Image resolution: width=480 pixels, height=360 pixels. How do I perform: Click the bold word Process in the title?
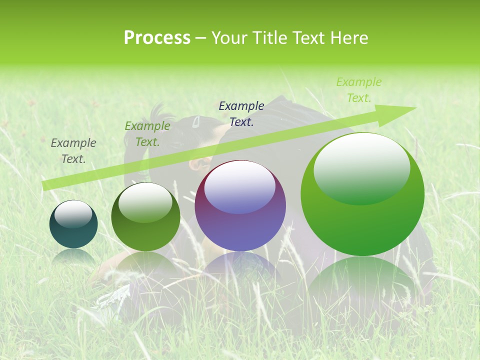(x=157, y=38)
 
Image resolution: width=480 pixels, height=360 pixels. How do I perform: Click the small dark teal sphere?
(x=73, y=225)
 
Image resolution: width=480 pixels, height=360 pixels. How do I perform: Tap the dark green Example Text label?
(x=147, y=134)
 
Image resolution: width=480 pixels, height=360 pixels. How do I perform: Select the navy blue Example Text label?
(x=241, y=113)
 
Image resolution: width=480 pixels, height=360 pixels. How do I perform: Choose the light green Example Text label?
(x=359, y=90)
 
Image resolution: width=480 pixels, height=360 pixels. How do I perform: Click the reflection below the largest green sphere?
(x=362, y=285)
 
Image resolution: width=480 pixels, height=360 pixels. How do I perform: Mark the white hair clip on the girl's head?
(x=196, y=121)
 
